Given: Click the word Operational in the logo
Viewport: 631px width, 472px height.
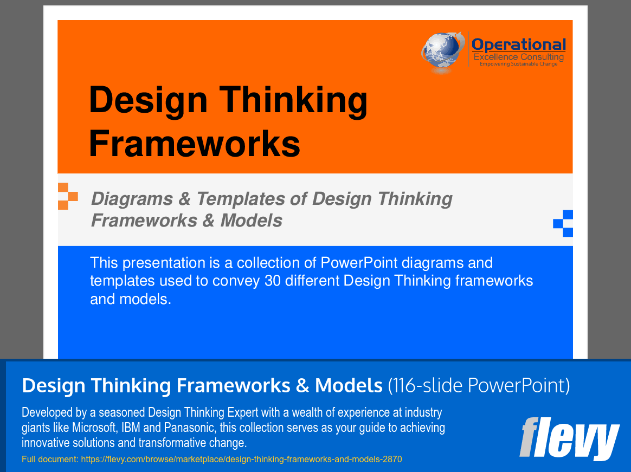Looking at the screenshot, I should [x=518, y=44].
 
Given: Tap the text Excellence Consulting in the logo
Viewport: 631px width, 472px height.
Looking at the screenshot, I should [x=518, y=57].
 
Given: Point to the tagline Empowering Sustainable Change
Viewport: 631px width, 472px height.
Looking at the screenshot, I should [x=518, y=64].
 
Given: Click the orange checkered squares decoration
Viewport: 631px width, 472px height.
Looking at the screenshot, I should [x=67, y=196].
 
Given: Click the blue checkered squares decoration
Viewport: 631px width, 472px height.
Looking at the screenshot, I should [x=563, y=223].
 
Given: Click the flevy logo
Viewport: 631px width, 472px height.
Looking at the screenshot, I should [x=569, y=438].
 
